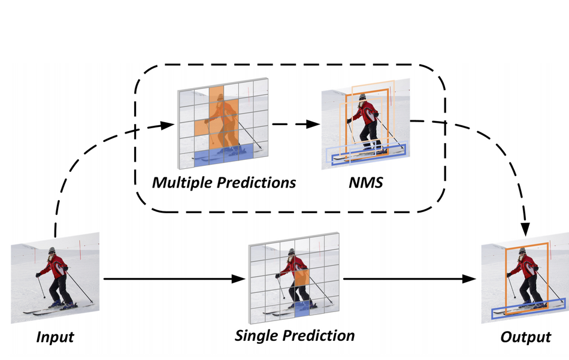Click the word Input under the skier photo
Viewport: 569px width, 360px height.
[x=55, y=337]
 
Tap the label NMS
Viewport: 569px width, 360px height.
[x=366, y=183]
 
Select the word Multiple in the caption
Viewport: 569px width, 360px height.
[x=182, y=183]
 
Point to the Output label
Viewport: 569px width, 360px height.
[x=526, y=337]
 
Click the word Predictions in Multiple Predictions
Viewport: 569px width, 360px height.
[x=256, y=183]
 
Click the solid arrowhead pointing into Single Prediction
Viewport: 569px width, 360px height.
[x=238, y=279]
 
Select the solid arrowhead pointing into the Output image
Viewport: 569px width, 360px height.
[x=469, y=279]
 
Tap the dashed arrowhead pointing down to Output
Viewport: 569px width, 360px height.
[x=525, y=229]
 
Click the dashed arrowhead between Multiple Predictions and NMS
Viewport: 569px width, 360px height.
[x=313, y=124]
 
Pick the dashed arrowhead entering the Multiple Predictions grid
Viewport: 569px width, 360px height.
[x=167, y=126]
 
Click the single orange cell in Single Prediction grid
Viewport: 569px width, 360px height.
[x=302, y=278]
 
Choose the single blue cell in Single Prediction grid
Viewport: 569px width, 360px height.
[x=302, y=310]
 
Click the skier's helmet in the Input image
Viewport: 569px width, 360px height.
[x=52, y=250]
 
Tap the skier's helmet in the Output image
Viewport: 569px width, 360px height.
[x=522, y=250]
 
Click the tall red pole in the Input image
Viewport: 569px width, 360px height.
[x=80, y=249]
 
